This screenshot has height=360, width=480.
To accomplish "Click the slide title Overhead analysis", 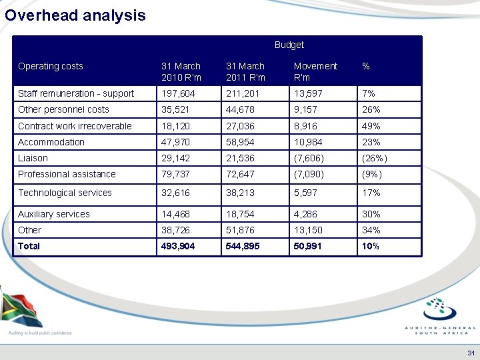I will click(75, 15).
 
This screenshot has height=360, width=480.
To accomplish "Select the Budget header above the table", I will click(289, 45).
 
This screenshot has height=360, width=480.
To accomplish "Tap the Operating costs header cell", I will click(51, 66).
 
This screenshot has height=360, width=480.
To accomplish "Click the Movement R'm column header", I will click(315, 71).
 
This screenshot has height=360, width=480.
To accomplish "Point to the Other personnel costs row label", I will click(63, 109).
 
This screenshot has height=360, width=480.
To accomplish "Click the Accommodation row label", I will click(51, 142).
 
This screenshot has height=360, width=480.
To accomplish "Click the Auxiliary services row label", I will click(54, 214).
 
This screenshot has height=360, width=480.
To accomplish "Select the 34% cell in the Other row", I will click(371, 230).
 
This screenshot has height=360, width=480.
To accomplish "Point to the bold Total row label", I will click(29, 246).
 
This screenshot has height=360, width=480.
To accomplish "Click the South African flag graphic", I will click(20, 308).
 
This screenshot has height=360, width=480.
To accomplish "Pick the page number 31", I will click(471, 352).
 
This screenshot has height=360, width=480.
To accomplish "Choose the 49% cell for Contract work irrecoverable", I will click(371, 126).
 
